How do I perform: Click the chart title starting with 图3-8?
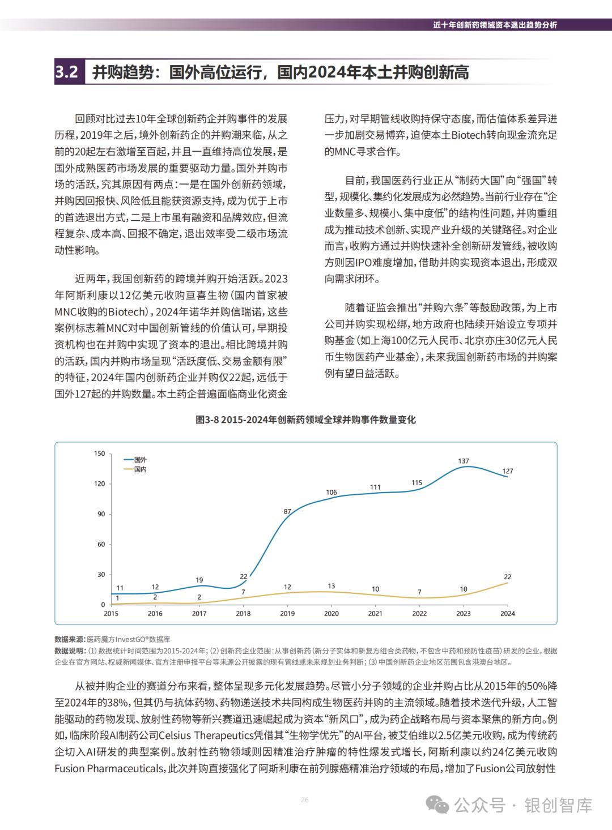305,420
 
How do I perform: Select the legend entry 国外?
140,460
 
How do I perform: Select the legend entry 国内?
140,469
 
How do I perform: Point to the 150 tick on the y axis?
100,453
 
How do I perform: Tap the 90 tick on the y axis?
101,514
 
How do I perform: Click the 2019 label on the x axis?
287,613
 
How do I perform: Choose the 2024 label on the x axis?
507,613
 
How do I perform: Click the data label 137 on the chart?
464,461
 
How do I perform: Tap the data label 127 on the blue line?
507,471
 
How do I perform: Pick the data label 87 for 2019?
287,511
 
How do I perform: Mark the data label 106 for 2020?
331,492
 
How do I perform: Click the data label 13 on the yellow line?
331,586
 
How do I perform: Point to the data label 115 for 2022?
416,482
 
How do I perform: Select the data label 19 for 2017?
199,580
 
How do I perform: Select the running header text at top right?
495,25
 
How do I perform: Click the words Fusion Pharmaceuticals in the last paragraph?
108,768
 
